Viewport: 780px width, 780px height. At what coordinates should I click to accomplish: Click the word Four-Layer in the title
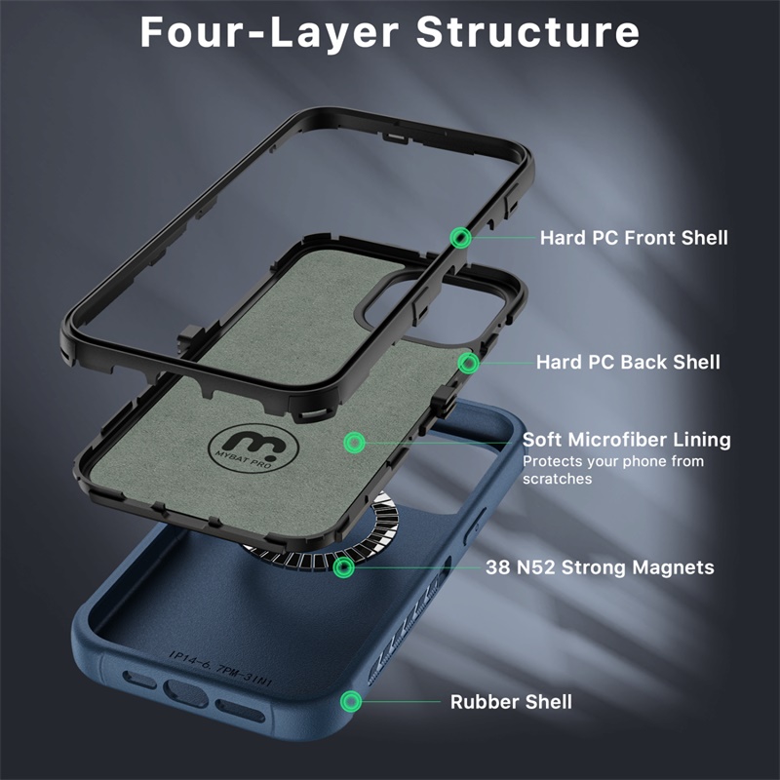[x=269, y=32]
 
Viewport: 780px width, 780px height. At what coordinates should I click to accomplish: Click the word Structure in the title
[x=527, y=32]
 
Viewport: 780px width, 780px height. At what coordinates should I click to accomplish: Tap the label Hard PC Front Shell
[x=634, y=238]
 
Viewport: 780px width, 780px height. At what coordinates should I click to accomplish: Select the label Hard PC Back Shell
[x=628, y=362]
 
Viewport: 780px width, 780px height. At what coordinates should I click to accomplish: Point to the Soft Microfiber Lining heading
[x=626, y=440]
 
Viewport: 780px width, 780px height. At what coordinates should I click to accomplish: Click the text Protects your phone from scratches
[x=613, y=470]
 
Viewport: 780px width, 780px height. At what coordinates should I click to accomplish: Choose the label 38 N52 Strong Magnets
[x=600, y=567]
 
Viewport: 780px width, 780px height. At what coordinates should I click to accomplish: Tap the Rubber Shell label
[x=511, y=702]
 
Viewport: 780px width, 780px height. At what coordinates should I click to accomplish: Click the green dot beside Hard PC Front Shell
[x=460, y=238]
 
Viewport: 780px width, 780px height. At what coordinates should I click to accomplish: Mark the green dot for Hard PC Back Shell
[x=468, y=363]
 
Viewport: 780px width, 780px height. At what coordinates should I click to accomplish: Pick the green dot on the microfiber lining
[x=354, y=442]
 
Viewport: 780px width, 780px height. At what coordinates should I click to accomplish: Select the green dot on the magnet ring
[x=343, y=567]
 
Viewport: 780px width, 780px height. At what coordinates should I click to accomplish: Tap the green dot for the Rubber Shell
[x=351, y=701]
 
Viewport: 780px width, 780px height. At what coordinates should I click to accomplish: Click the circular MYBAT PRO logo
[x=253, y=448]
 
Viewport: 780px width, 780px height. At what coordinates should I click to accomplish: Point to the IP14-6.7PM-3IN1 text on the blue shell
[x=220, y=668]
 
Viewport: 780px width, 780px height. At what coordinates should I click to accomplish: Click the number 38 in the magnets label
[x=497, y=567]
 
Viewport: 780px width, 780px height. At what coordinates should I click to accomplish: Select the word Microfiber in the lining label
[x=617, y=440]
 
